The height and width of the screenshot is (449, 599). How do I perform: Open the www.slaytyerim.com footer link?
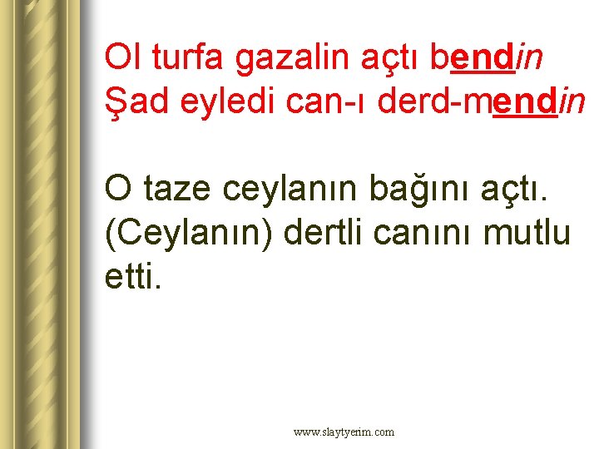[x=344, y=432]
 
